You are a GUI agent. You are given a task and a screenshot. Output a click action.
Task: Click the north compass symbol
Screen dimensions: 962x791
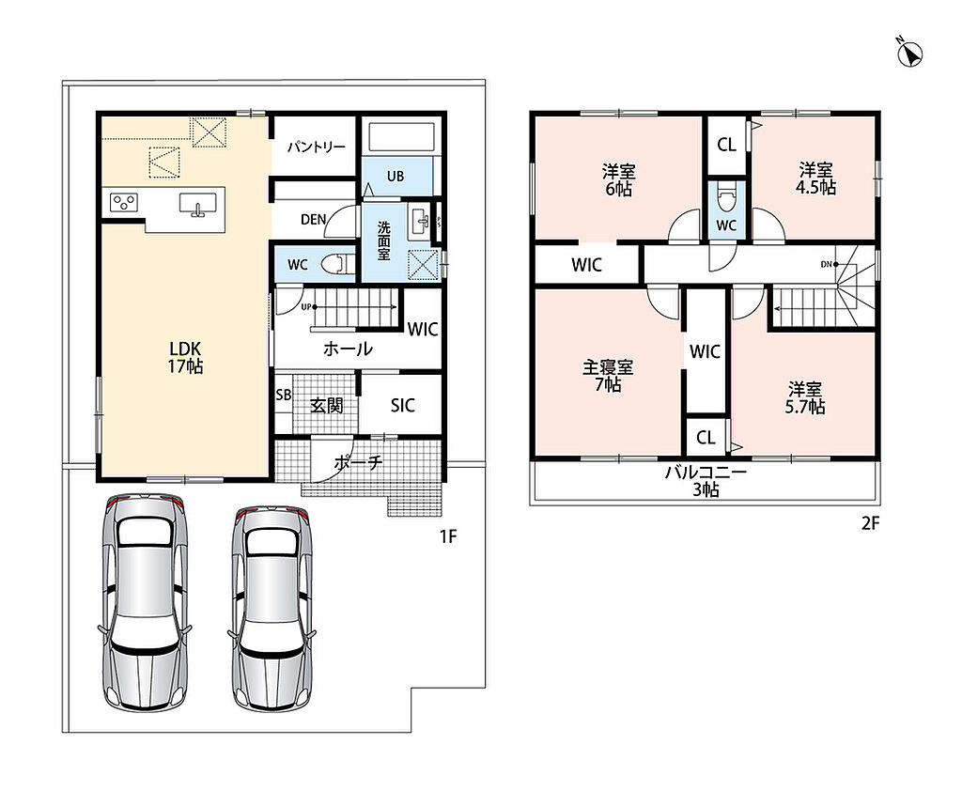pos(910,54)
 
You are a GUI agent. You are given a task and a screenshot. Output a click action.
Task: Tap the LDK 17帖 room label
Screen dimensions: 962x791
pos(185,357)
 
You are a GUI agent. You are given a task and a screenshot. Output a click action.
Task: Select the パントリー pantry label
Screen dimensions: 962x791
pos(317,147)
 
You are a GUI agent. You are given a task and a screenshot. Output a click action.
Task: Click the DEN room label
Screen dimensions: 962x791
pos(313,219)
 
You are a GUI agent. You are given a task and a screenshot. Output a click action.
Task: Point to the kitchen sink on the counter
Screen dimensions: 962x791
pos(197,204)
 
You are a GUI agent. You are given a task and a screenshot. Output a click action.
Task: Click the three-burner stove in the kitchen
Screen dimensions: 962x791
pos(124,203)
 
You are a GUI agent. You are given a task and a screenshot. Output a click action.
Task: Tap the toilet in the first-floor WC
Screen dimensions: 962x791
pos(339,265)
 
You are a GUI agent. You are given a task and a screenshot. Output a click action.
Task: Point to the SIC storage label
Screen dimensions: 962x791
pos(402,405)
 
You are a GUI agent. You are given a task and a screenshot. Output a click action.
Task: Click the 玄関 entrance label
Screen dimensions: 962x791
pos(326,405)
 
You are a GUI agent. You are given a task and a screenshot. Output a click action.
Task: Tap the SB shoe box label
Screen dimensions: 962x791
pos(284,395)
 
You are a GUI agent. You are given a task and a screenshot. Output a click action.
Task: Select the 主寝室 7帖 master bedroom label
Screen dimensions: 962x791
pos(608,376)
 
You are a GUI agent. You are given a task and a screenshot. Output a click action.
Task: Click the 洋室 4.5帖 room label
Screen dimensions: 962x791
pos(815,178)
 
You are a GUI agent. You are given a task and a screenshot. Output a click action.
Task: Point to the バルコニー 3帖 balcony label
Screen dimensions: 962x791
pos(706,481)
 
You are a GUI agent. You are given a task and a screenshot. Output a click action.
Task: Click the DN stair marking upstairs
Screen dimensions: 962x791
pos(827,265)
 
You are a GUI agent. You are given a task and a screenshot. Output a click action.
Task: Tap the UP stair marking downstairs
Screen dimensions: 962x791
pos(305,307)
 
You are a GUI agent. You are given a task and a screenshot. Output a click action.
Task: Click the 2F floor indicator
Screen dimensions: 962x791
pos(871,523)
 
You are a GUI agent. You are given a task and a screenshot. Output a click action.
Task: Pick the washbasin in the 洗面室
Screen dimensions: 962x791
pos(421,220)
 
